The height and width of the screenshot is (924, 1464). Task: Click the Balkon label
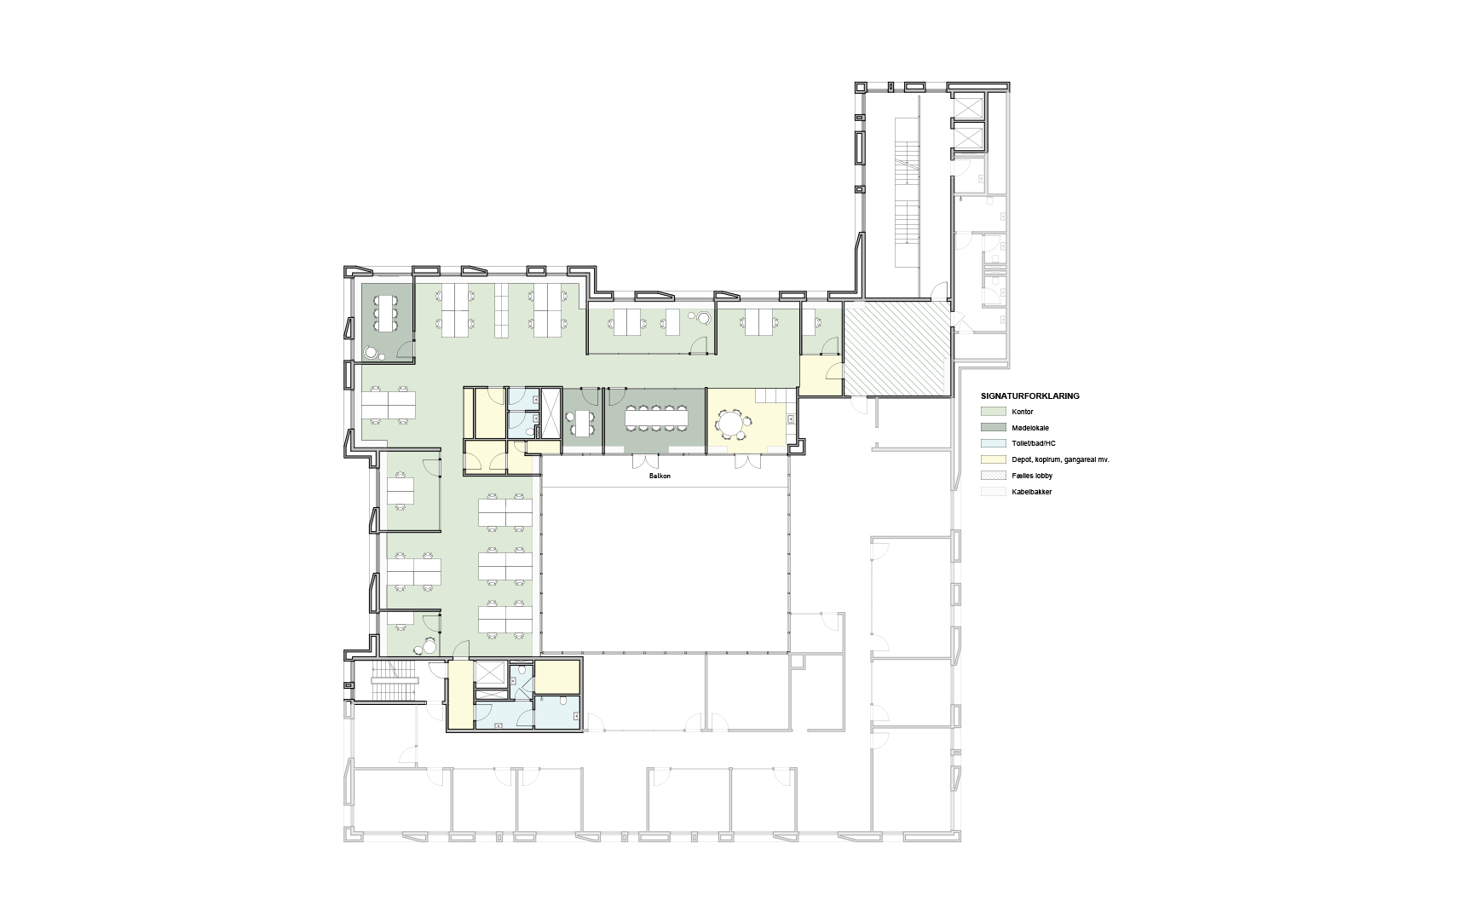click(660, 476)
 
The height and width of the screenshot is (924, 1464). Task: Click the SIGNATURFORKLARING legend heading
click(1030, 396)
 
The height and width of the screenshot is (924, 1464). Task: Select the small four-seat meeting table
click(583, 420)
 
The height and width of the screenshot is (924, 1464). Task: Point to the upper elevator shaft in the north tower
click(966, 106)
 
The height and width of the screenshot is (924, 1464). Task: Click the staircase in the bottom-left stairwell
click(393, 681)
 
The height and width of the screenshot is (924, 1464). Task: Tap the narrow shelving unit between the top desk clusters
click(502, 309)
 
